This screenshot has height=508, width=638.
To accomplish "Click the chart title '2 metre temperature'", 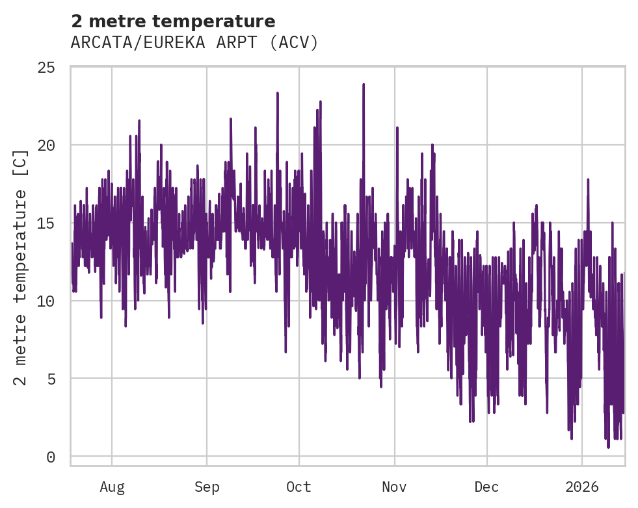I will [x=173, y=21].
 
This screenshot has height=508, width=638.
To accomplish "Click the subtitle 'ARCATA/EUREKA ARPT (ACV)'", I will [x=194, y=43].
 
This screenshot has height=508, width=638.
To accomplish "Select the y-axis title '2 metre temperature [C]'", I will [x=21, y=267].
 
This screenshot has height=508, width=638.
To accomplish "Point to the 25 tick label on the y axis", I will [x=47, y=68].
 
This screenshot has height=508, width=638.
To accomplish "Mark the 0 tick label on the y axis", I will [x=51, y=457].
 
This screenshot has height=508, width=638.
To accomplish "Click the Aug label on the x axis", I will [x=112, y=487].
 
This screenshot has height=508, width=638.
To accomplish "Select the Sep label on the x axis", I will [x=207, y=487].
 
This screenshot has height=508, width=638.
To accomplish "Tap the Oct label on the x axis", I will [x=299, y=487].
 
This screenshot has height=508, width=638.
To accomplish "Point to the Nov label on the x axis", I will [x=394, y=487].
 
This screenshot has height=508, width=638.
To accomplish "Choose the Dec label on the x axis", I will [x=486, y=487].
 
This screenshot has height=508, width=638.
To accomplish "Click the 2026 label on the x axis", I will [x=582, y=487].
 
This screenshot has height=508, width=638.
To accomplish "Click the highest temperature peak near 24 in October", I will [x=364, y=84].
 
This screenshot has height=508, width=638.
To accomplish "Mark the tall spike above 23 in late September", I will [x=278, y=93].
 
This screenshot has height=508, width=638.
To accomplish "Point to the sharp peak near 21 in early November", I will [x=397, y=128].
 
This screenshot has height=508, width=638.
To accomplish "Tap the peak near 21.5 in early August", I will [x=139, y=121].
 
